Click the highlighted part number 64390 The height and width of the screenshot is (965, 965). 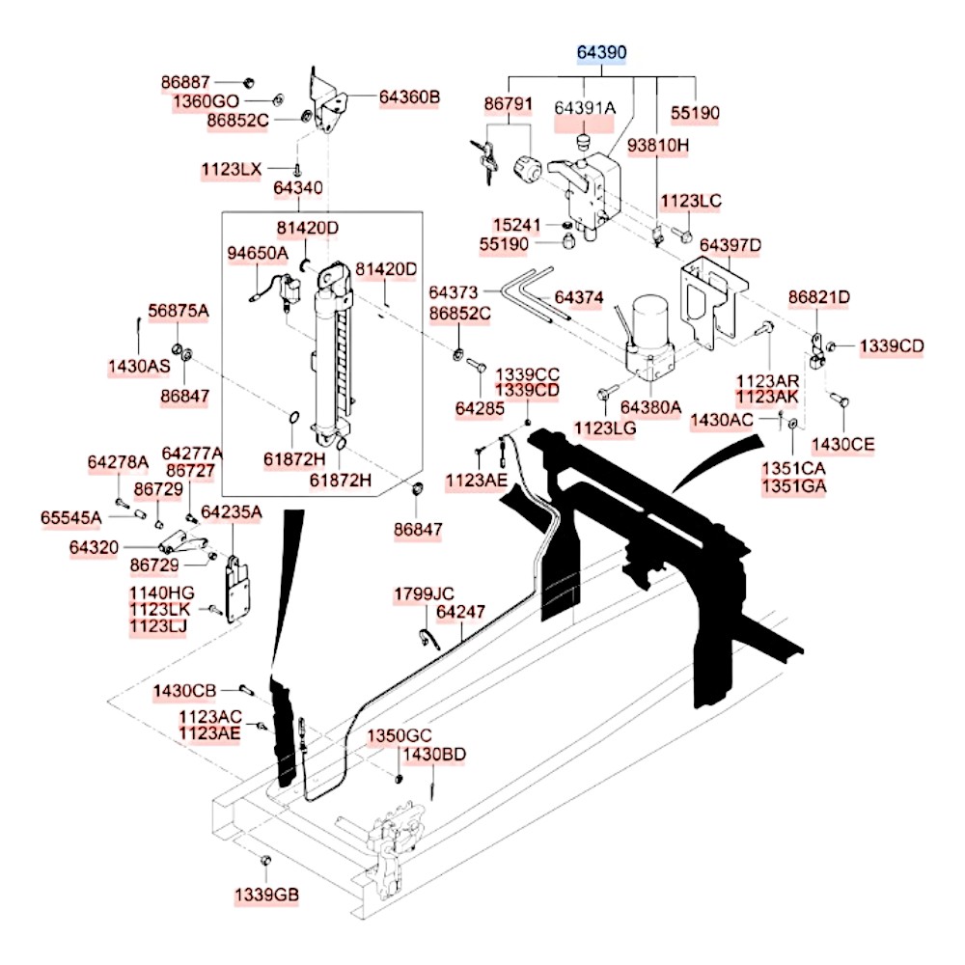pyautogui.click(x=602, y=54)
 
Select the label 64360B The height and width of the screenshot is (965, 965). pyautogui.click(x=409, y=96)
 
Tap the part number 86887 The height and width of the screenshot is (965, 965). pyautogui.click(x=184, y=82)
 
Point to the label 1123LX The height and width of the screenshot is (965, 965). pyautogui.click(x=231, y=170)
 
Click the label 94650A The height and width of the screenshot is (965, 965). pyautogui.click(x=258, y=253)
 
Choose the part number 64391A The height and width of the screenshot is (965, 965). pyautogui.click(x=584, y=107)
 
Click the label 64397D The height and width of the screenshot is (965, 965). pyautogui.click(x=731, y=246)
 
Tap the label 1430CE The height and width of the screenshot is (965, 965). pyautogui.click(x=842, y=444)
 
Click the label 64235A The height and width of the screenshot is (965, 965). pyautogui.click(x=231, y=511)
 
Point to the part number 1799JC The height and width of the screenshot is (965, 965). pyautogui.click(x=423, y=594)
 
